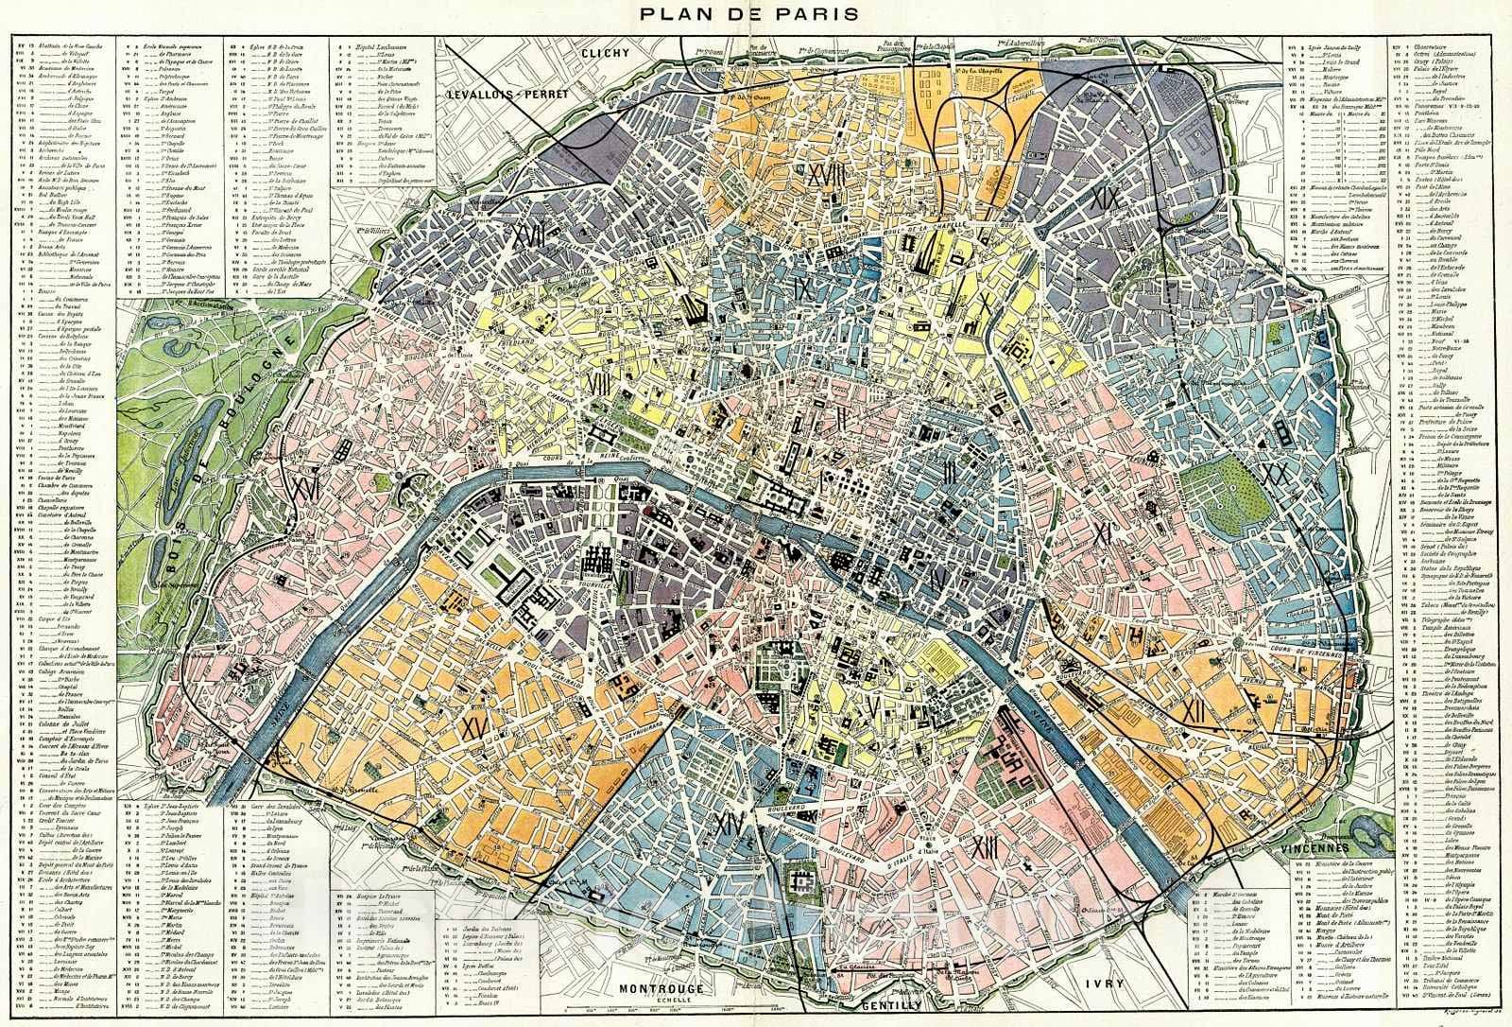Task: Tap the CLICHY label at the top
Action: click(x=606, y=53)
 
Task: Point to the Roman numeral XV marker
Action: click(x=474, y=726)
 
